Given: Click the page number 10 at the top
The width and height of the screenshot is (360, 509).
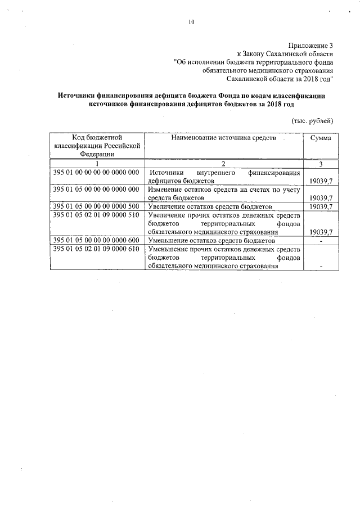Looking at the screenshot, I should [191, 22].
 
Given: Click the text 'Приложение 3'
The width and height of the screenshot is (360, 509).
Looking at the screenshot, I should [311, 44].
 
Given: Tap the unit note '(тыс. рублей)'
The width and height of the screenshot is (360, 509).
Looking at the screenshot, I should [312, 120].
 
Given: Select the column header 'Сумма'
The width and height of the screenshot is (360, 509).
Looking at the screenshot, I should [321, 138].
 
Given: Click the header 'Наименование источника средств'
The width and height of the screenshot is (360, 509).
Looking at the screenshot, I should [224, 138].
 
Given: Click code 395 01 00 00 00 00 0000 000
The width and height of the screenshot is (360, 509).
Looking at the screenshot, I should [96, 173].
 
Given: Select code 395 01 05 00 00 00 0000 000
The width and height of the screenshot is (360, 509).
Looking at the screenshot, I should [96, 190].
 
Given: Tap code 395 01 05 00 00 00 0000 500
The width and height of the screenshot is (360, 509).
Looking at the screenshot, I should [96, 206].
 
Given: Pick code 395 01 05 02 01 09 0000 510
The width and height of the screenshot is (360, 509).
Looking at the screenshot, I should [96, 215].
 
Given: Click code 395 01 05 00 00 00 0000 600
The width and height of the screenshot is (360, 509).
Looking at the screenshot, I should [96, 240].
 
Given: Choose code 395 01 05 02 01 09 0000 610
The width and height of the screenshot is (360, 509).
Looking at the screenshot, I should [96, 249].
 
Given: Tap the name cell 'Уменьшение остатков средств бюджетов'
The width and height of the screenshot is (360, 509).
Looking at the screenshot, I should [211, 240].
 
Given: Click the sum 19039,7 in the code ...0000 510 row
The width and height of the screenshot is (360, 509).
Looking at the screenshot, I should [321, 232].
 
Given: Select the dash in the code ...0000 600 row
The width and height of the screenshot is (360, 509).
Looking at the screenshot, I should [321, 240].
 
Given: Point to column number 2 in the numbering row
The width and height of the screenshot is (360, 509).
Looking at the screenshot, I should [223, 164].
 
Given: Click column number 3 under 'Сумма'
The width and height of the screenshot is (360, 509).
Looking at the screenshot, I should [321, 164].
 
